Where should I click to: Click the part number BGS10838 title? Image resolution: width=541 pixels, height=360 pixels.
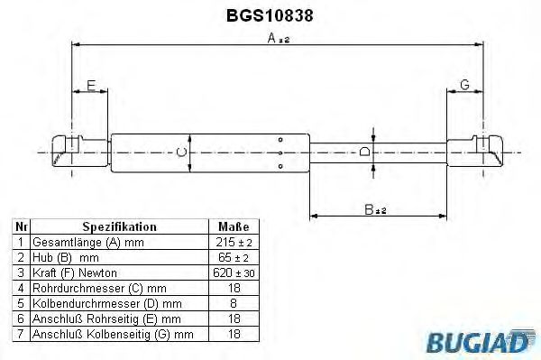pyautogui.click(x=270, y=15)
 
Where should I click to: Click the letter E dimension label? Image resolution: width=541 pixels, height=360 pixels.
pyautogui.click(x=89, y=86)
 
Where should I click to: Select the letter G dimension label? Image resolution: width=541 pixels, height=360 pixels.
pyautogui.click(x=464, y=85)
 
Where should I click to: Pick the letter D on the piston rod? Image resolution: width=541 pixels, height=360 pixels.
pyautogui.click(x=364, y=152)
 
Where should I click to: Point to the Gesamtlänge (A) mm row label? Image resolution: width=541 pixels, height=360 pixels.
pyautogui.click(x=87, y=243)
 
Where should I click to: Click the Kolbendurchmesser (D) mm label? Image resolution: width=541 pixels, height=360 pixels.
pyautogui.click(x=106, y=303)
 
